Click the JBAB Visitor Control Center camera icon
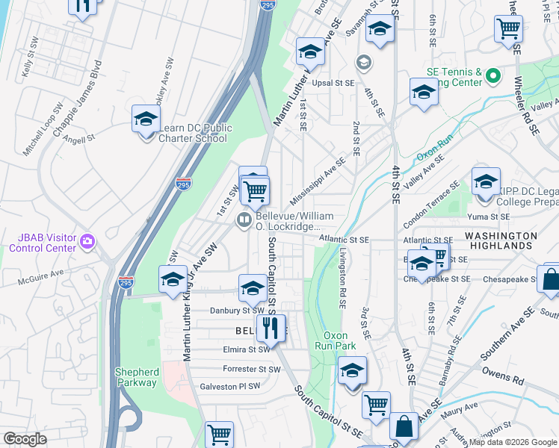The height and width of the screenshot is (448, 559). coord(88,240)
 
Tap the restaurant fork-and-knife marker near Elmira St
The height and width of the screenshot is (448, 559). coord(270,328)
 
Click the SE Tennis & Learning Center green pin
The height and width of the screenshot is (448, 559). coord(492,75)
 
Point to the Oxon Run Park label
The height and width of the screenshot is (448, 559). coord(339,340)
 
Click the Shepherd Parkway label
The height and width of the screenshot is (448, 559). coord(136,377)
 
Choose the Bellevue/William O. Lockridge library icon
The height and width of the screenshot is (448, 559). coord(244,220)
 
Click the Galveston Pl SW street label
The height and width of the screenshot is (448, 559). coord(229,386)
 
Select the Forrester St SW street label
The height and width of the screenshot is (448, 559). coord(251,369)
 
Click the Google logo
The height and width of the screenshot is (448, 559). coord(25,439)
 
